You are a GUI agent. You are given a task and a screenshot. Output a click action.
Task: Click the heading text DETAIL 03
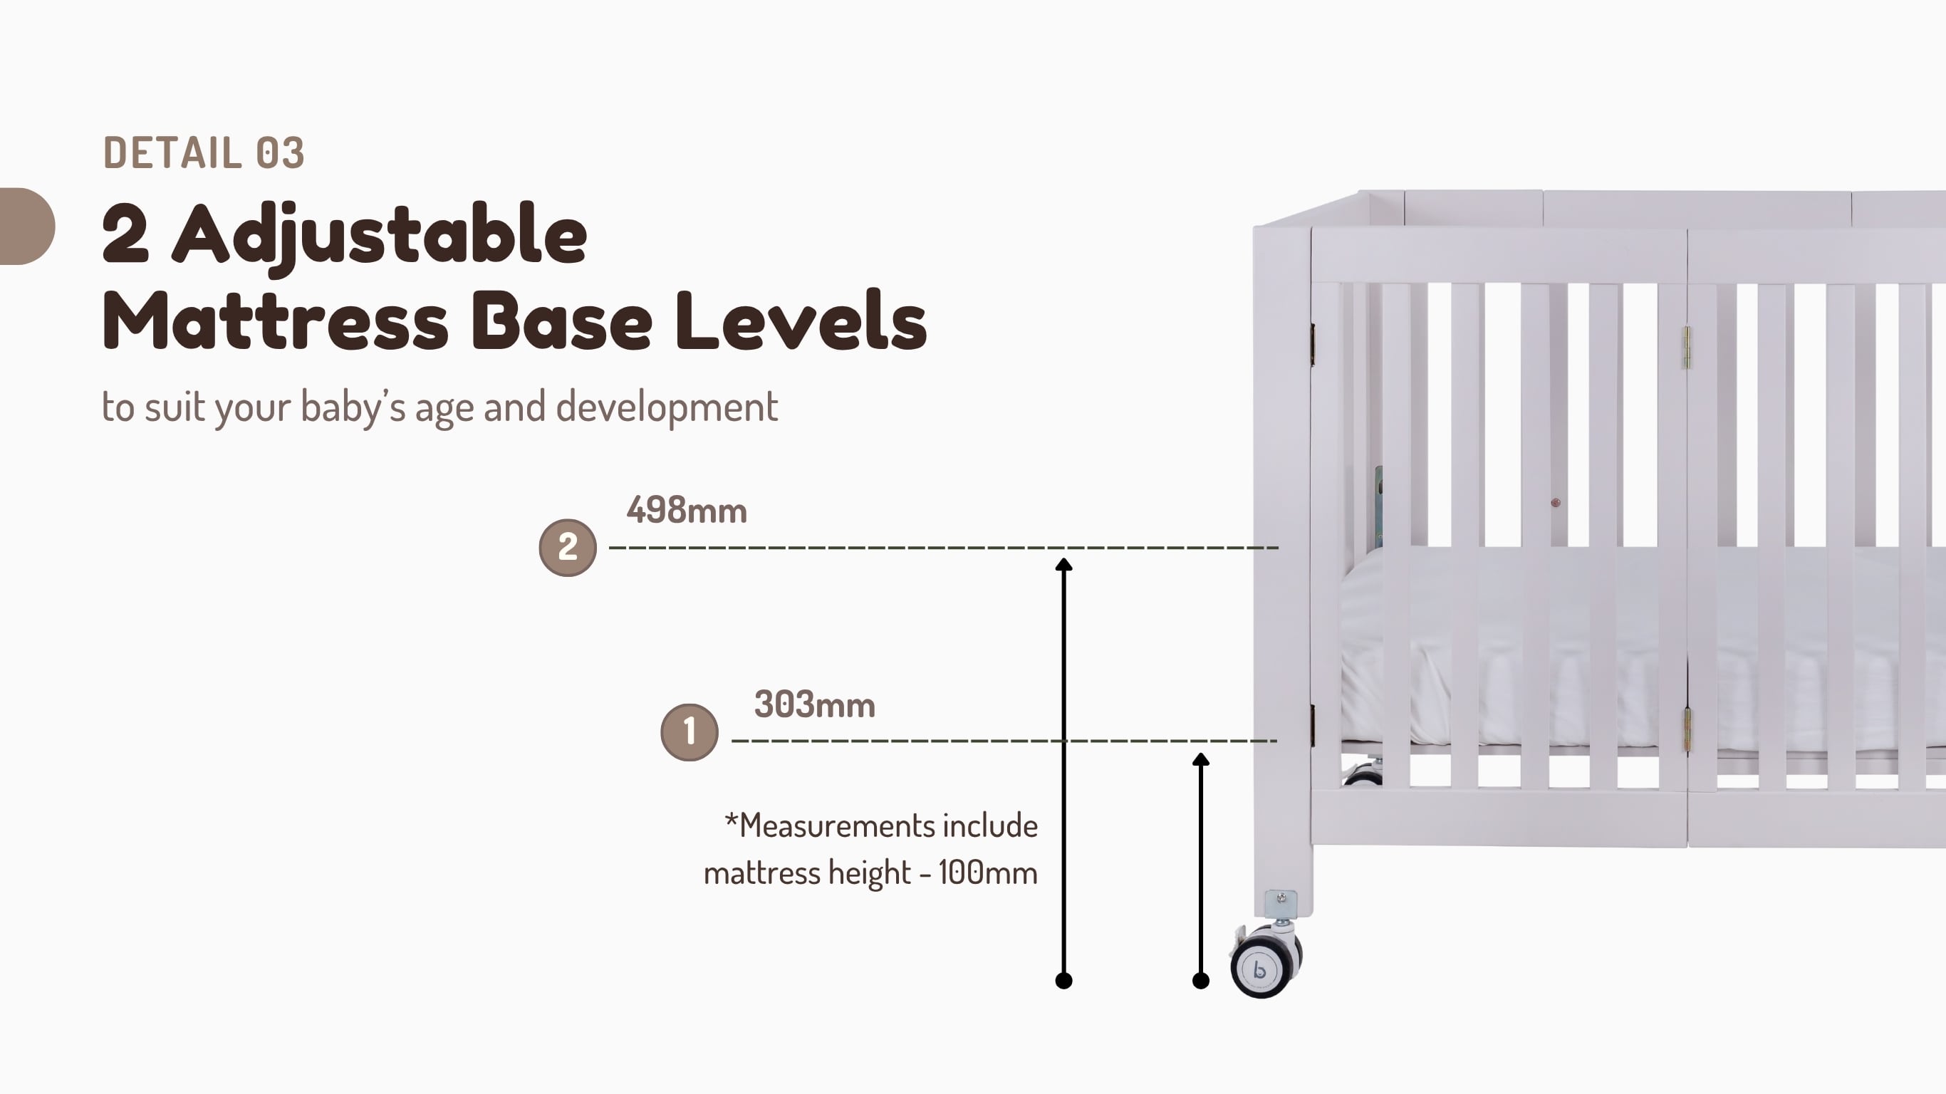click(203, 152)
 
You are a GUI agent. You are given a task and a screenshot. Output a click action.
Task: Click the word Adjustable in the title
click(380, 236)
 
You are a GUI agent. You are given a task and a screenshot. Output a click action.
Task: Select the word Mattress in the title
click(276, 322)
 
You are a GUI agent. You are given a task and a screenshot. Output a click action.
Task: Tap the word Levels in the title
click(801, 321)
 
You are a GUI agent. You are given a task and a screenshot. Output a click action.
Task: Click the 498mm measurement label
click(687, 511)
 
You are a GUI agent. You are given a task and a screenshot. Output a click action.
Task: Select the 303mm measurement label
click(814, 705)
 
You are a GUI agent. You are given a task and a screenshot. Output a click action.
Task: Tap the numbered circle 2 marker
click(567, 548)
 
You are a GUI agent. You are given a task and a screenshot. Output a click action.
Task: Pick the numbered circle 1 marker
click(689, 732)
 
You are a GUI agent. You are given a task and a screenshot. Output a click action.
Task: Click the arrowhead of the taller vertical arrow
click(1063, 563)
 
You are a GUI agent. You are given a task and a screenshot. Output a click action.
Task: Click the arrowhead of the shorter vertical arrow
click(1200, 759)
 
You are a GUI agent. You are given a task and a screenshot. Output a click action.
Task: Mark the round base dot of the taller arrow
click(1063, 981)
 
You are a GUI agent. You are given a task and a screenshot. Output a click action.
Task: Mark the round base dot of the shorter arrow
click(1200, 981)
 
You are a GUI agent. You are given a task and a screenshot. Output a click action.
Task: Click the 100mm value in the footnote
click(987, 873)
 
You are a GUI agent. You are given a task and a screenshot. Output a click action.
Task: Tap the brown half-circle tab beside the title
click(27, 226)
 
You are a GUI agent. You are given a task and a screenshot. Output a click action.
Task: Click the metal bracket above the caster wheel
click(1281, 904)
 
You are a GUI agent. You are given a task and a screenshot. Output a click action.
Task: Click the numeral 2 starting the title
click(125, 234)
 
